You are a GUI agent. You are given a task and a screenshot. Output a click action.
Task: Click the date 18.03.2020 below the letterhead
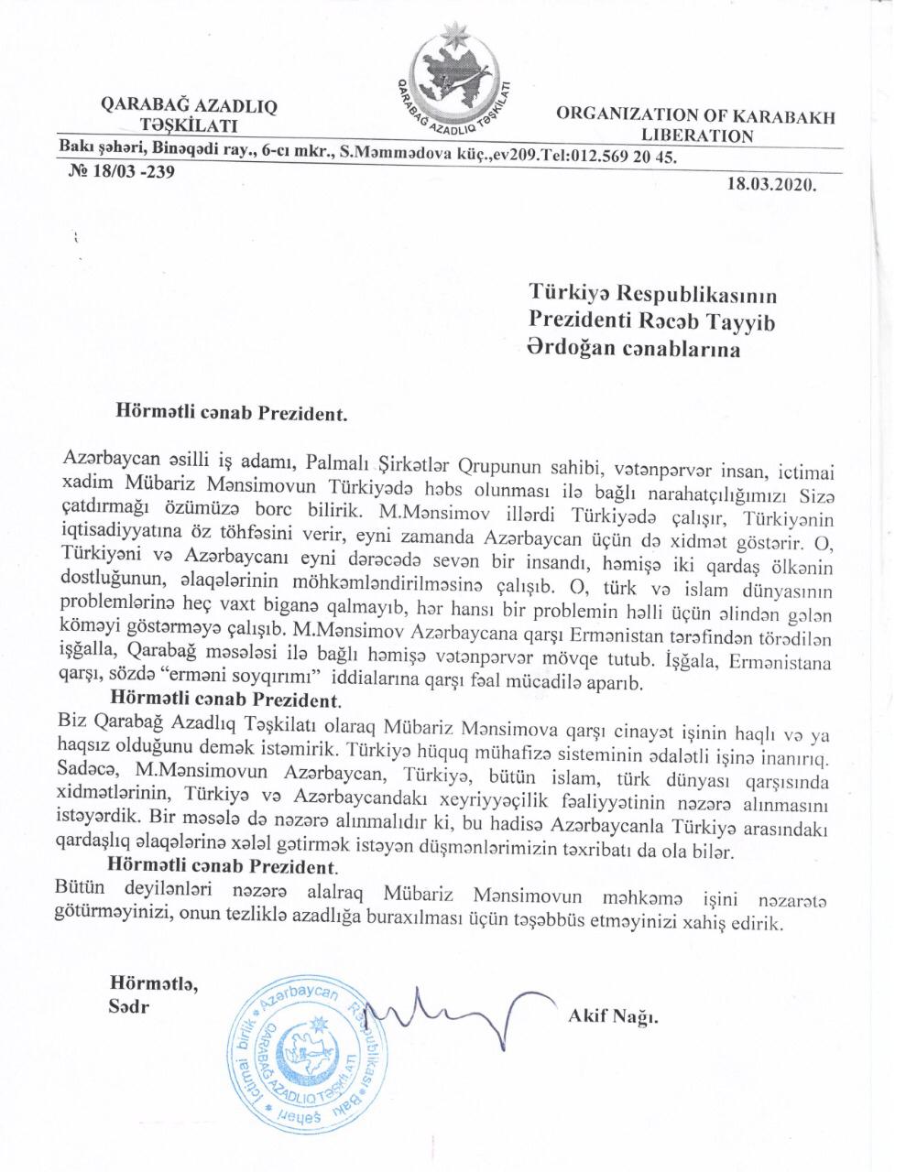(770, 183)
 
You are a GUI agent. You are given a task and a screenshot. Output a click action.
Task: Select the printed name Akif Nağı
(613, 1017)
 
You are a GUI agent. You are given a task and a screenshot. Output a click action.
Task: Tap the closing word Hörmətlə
(153, 984)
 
